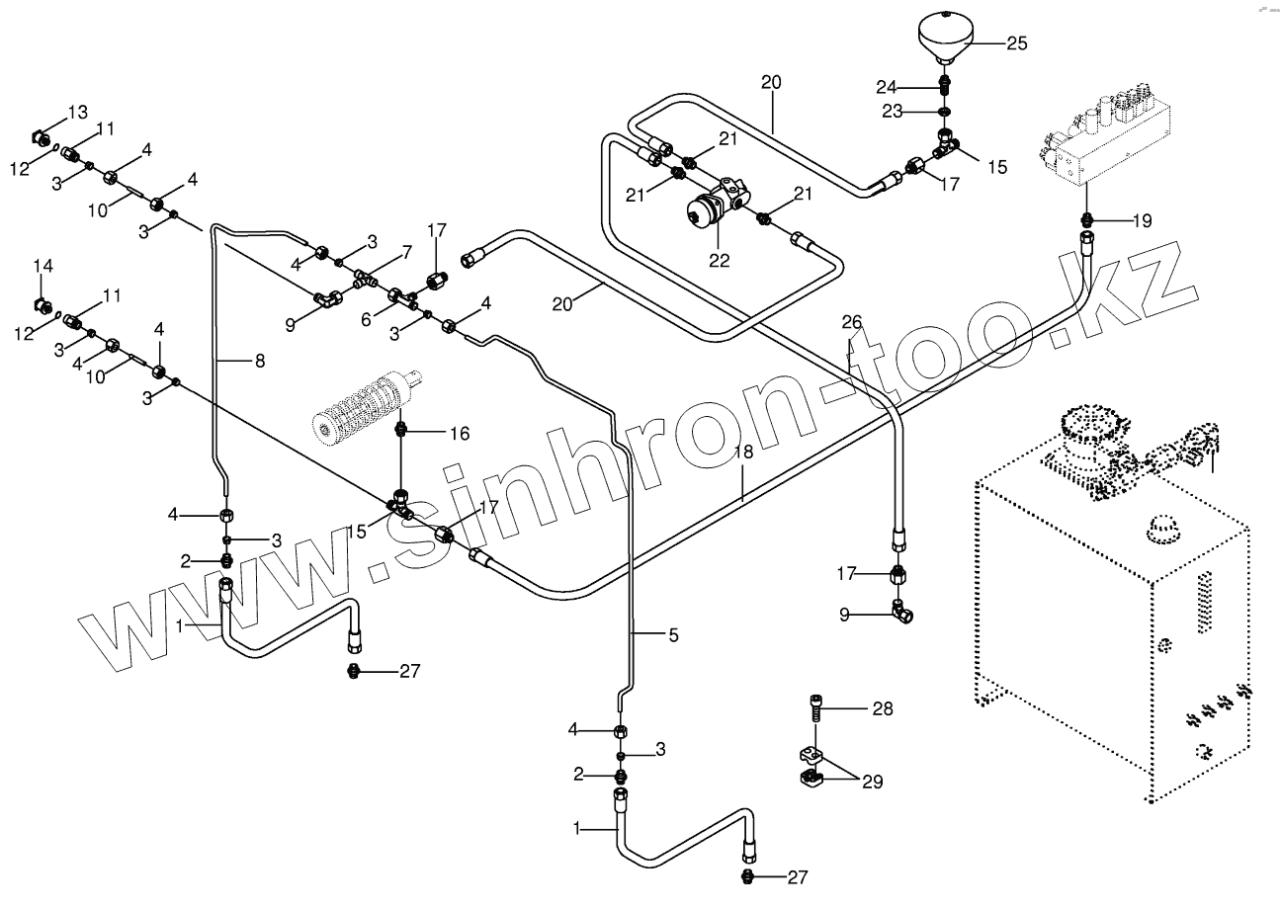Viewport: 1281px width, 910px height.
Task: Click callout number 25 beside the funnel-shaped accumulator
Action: click(x=1016, y=42)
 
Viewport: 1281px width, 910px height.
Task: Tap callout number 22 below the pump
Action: click(x=719, y=261)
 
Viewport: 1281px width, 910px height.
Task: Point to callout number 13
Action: click(x=77, y=110)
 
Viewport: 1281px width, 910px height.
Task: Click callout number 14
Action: click(x=43, y=266)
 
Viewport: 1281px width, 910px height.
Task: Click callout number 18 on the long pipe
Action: click(x=743, y=452)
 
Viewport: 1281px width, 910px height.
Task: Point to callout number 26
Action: click(x=852, y=320)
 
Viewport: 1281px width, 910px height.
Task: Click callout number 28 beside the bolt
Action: click(x=882, y=708)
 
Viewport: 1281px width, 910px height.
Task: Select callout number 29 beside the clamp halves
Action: click(x=871, y=782)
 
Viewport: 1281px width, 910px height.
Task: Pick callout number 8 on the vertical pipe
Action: click(x=259, y=362)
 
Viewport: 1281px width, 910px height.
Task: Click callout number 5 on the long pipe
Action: click(x=672, y=636)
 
